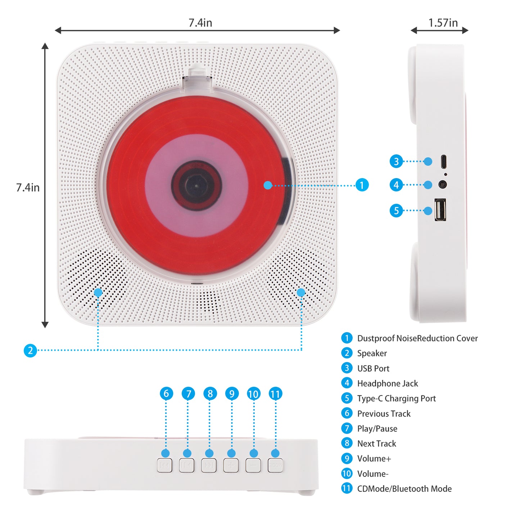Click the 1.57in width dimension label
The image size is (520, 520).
tap(443, 23)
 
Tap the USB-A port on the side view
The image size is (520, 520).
tap(440, 209)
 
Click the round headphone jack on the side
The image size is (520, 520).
tap(443, 185)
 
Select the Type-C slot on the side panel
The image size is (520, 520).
tap(444, 162)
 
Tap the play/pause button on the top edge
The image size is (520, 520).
tap(186, 465)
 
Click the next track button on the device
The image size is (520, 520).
tap(209, 465)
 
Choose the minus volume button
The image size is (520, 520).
tap(253, 465)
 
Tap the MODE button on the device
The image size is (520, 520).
tap(275, 465)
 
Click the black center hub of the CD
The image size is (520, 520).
tap(196, 186)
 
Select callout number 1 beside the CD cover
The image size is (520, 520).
tap(362, 185)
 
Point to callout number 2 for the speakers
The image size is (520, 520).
tap(30, 350)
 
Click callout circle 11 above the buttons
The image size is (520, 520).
tap(275, 394)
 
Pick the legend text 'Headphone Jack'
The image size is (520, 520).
tap(387, 384)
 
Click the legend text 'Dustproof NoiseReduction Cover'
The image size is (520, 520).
tap(417, 338)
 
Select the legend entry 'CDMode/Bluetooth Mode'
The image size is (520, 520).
tap(404, 489)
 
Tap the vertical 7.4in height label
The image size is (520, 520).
tap(28, 187)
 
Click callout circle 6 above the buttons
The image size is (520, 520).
tap(166, 393)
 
